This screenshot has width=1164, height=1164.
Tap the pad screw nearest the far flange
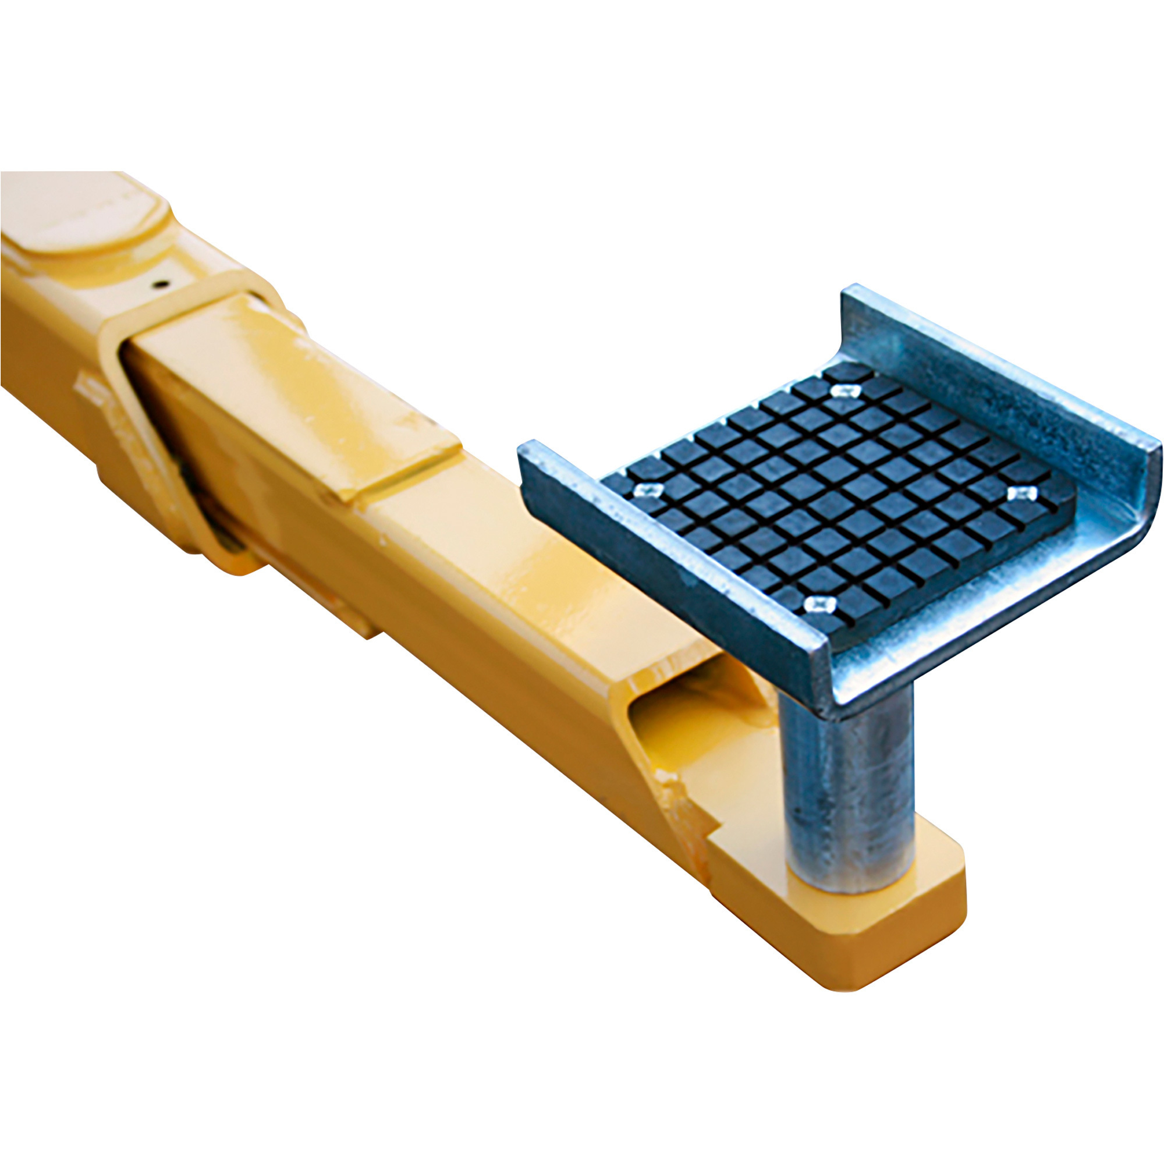coord(844,391)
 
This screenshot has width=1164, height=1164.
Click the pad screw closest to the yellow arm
coord(648,489)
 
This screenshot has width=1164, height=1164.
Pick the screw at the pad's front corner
coord(819,603)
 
